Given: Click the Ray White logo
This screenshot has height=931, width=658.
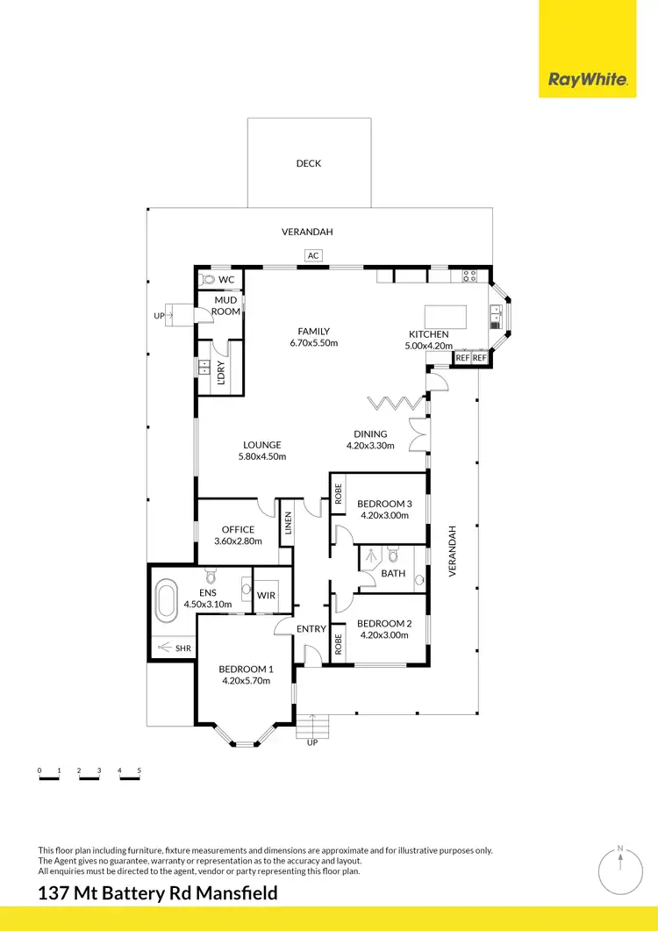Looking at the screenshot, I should [x=588, y=80].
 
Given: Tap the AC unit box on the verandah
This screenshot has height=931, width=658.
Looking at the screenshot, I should [x=312, y=255].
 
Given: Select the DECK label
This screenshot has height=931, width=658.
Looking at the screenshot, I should [x=308, y=163].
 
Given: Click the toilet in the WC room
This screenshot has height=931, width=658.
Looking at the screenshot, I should [x=206, y=279].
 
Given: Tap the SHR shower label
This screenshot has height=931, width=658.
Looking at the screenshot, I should [x=182, y=648].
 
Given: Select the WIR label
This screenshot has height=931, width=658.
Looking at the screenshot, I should [x=266, y=596].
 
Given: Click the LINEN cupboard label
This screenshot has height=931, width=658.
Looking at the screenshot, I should [x=287, y=525].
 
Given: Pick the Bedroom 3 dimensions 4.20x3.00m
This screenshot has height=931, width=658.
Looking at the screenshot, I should [x=384, y=516].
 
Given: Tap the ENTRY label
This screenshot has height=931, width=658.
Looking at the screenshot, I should [x=311, y=628].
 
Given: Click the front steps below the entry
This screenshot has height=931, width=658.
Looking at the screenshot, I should [x=312, y=726].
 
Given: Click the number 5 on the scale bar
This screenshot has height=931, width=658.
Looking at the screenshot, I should [x=139, y=771].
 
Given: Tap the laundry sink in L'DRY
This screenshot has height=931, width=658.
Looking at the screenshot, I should [x=204, y=368].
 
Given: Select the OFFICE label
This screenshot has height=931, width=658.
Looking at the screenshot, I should [x=238, y=529].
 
